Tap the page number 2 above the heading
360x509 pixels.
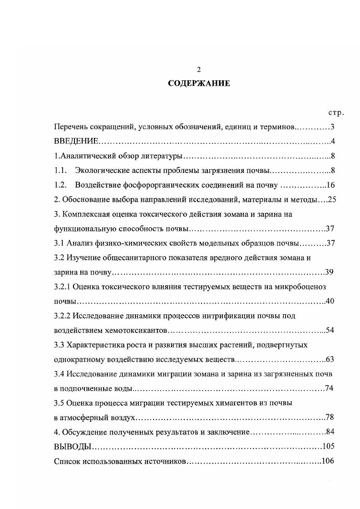(198, 69)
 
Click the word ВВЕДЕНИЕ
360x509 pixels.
(73, 142)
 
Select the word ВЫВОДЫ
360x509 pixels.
(73, 446)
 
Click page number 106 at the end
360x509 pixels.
(327, 461)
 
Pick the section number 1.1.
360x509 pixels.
(60, 171)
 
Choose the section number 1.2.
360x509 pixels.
(60, 185)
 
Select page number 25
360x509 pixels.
(331, 200)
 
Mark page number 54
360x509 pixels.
(330, 330)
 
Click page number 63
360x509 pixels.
(330, 360)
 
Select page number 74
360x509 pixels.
(330, 389)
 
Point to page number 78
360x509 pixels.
(330, 417)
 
